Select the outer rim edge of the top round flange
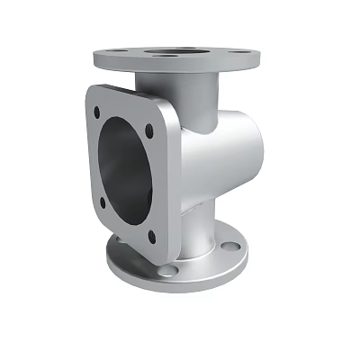180,74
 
